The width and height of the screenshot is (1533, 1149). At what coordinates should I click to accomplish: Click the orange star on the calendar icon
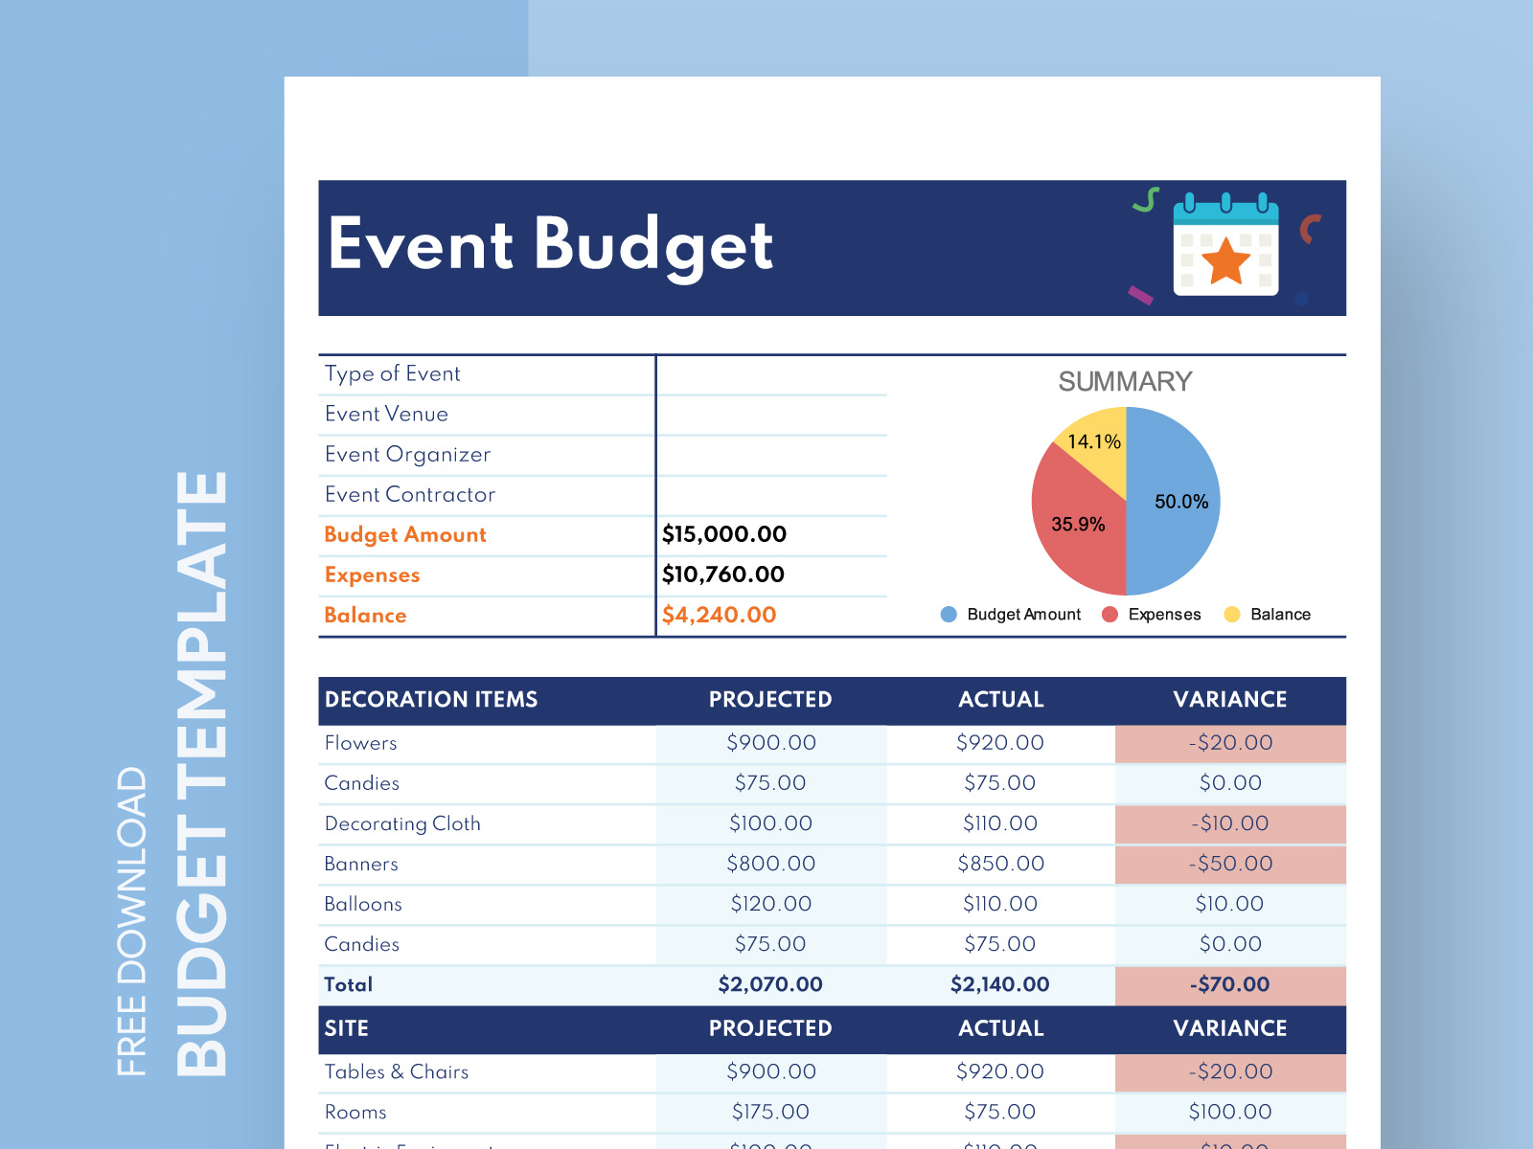[x=1225, y=260]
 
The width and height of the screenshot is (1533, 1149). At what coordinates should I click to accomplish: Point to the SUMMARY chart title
[x=1125, y=381]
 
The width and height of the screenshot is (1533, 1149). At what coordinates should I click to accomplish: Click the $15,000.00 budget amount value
[x=724, y=534]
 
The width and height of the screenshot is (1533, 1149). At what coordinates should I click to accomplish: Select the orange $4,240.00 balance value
[x=719, y=615]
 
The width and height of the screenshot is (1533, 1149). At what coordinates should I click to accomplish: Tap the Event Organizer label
[x=407, y=454]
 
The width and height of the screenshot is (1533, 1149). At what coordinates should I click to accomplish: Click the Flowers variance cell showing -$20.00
[x=1231, y=743]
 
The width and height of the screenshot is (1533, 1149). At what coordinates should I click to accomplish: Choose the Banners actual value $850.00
[x=1000, y=864]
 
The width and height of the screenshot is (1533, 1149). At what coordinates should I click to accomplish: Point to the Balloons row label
[x=363, y=904]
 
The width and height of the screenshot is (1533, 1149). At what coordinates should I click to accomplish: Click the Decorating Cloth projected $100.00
[x=770, y=823]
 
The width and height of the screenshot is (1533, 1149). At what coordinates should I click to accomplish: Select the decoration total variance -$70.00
[x=1231, y=984]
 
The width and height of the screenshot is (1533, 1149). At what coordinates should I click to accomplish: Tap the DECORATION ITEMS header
[x=431, y=700]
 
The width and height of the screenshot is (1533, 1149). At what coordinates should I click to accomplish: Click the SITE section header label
[x=346, y=1028]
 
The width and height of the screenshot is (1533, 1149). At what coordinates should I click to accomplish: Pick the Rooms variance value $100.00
[x=1230, y=1112]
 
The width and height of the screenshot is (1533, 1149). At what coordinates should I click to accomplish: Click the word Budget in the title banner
[x=652, y=246]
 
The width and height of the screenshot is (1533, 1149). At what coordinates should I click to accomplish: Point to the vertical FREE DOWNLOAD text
[x=131, y=921]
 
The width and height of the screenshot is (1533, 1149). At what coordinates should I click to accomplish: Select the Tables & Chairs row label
[x=397, y=1071]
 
